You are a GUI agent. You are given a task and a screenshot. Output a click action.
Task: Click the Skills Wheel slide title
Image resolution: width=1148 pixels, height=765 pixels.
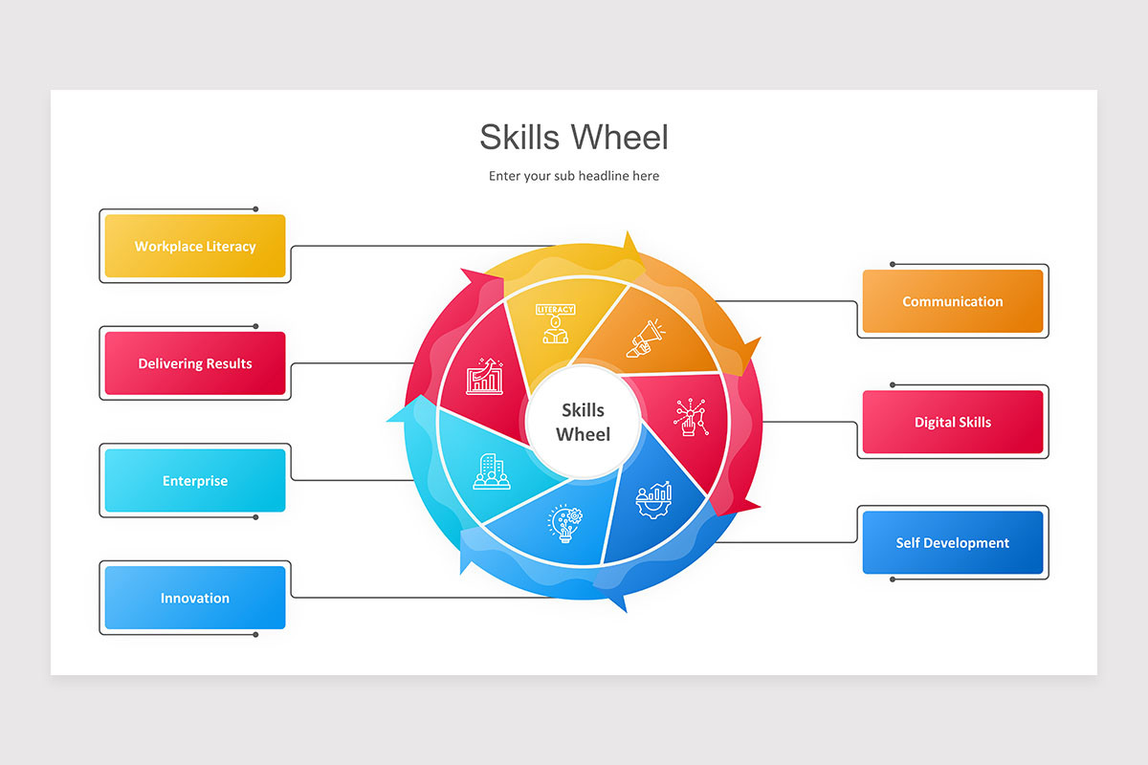click(x=574, y=137)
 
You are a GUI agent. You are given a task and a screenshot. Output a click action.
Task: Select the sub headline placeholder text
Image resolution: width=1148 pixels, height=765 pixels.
click(x=574, y=176)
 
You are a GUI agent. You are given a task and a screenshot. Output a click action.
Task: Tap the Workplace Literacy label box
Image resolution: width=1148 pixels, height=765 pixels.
click(x=195, y=246)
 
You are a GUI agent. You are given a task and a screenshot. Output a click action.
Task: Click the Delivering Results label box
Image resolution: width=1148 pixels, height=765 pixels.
click(x=195, y=363)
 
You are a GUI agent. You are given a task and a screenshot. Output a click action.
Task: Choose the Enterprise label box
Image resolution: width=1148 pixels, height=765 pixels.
click(x=195, y=481)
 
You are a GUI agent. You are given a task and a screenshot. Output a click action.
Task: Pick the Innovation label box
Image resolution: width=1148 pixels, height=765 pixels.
click(x=195, y=598)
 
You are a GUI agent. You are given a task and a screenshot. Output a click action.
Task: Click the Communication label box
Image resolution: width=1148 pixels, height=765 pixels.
click(x=953, y=301)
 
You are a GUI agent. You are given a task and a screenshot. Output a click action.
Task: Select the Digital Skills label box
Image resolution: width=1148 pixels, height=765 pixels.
click(x=953, y=422)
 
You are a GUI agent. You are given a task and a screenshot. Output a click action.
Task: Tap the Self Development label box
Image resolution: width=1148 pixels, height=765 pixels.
click(x=953, y=542)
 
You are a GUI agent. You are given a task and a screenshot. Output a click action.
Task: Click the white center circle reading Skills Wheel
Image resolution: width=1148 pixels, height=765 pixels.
click(x=584, y=422)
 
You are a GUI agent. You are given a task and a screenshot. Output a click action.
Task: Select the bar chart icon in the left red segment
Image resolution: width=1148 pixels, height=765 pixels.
click(x=483, y=377)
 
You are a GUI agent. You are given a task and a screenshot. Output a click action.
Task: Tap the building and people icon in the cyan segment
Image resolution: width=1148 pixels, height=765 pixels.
click(x=491, y=471)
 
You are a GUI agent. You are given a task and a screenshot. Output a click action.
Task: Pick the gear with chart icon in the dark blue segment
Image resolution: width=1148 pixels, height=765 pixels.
click(x=655, y=499)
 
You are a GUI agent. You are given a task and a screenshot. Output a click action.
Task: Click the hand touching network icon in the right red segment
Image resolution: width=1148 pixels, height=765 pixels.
click(x=691, y=418)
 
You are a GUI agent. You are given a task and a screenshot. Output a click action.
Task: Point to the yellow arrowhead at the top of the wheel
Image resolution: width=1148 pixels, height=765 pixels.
click(x=629, y=245)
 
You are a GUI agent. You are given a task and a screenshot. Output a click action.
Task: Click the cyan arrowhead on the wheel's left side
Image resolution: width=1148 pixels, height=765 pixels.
click(x=400, y=411)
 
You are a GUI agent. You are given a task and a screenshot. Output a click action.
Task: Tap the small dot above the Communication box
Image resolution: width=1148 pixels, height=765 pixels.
click(x=893, y=264)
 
